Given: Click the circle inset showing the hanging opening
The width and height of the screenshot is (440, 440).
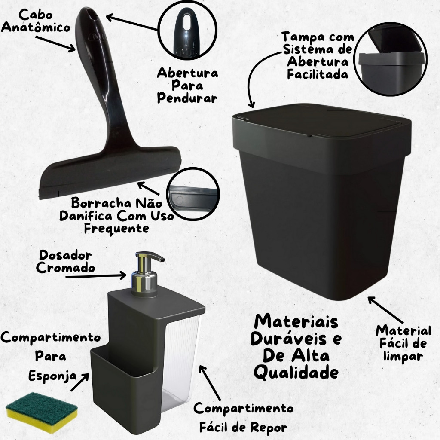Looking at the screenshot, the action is point(187,31).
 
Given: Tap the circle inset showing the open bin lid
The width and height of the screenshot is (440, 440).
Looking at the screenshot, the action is point(391,59).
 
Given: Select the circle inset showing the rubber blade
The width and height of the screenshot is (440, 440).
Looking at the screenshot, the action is point(193,194).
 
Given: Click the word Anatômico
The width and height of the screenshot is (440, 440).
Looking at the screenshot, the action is point(36,28).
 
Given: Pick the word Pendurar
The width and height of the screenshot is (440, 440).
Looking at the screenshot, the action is point(187,98).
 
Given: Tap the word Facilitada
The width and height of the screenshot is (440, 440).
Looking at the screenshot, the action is point(318,74).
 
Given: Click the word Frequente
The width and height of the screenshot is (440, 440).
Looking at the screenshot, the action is point(116,229).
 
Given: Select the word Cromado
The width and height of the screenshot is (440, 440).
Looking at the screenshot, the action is point(65,268).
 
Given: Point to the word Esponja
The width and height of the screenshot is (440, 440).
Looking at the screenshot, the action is point(52,376).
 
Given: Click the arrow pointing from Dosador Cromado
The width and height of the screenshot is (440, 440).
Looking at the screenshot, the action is point(96,276).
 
